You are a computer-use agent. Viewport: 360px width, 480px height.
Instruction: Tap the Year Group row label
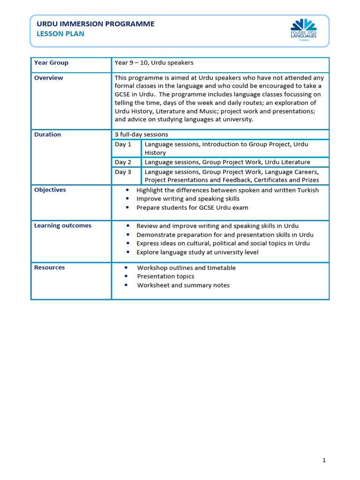(x=51, y=63)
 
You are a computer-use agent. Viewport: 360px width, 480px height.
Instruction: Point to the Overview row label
(x=48, y=78)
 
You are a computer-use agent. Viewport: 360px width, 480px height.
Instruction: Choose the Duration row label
(x=47, y=135)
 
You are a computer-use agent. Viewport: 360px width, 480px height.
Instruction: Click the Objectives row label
(x=50, y=190)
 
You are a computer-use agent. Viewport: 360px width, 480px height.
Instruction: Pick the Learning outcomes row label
(x=62, y=225)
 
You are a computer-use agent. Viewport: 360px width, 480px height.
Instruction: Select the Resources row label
(x=49, y=268)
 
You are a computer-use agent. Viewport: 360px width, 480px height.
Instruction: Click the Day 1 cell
(x=123, y=144)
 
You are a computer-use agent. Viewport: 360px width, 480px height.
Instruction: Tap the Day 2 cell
(x=123, y=162)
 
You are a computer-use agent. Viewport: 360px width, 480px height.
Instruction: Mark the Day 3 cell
(x=123, y=172)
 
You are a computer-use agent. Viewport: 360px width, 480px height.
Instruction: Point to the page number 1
(x=324, y=460)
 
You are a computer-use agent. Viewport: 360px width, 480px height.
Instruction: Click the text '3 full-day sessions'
(x=141, y=135)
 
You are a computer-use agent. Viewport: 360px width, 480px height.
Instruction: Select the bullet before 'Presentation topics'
(x=127, y=277)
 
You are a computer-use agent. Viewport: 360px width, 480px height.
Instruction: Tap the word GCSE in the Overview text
(x=123, y=95)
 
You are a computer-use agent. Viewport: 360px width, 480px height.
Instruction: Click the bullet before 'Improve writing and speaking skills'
(x=128, y=199)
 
